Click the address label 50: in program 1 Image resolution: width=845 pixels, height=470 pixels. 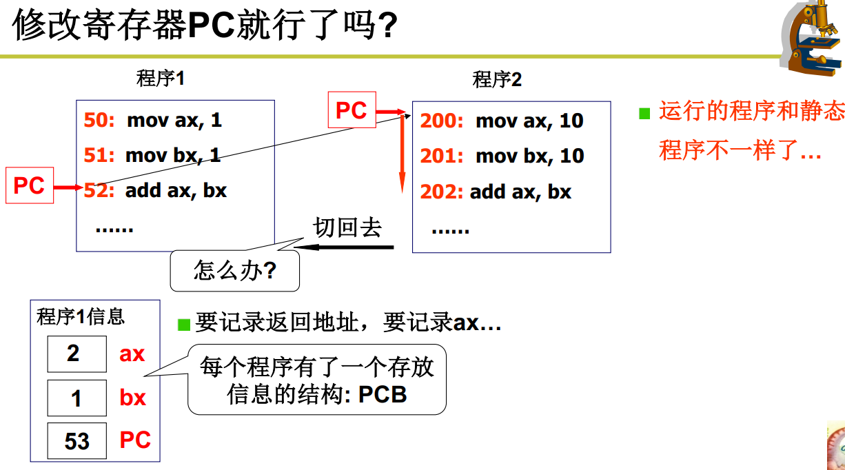[x=99, y=121]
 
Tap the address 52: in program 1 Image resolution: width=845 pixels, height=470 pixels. [x=99, y=190]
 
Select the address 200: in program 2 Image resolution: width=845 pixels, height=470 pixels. [x=442, y=121]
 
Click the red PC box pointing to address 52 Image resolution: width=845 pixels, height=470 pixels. [x=29, y=185]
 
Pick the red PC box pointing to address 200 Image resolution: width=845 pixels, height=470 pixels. [x=351, y=110]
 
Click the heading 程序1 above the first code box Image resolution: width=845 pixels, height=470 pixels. [x=161, y=79]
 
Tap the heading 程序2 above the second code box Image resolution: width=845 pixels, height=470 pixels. [x=497, y=80]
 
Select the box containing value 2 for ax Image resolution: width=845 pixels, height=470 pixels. [x=77, y=354]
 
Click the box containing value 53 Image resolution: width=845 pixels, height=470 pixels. [x=77, y=441]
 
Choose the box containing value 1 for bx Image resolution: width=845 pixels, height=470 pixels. [x=77, y=398]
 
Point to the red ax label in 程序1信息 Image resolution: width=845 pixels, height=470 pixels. [x=132, y=354]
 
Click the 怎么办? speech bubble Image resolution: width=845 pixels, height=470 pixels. [x=235, y=270]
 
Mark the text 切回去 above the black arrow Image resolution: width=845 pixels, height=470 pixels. [x=347, y=227]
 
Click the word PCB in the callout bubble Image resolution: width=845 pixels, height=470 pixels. [x=383, y=395]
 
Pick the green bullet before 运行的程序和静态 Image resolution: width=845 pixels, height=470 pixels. [x=645, y=114]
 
